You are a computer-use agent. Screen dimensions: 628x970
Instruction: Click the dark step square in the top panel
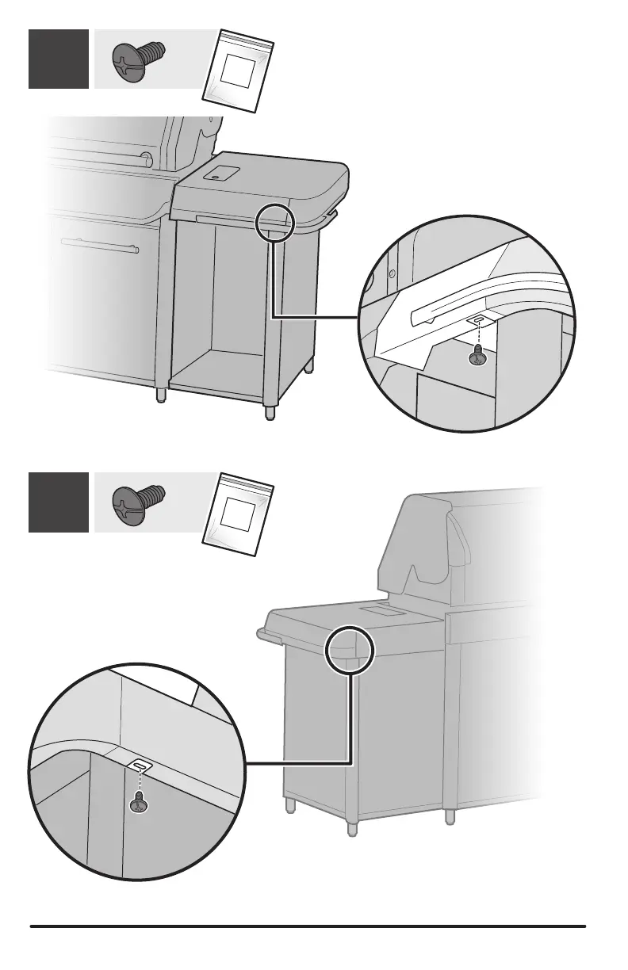pyautogui.click(x=59, y=59)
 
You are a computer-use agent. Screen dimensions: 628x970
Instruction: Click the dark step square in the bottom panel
pyautogui.click(x=59, y=502)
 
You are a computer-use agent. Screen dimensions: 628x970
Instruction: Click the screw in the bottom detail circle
pyautogui.click(x=139, y=805)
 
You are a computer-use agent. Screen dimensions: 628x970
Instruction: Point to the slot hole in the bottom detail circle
pyautogui.click(x=140, y=766)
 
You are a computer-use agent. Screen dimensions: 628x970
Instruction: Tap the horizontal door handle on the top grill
pyautogui.click(x=99, y=244)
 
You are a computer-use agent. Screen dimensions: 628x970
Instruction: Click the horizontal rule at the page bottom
pyautogui.click(x=308, y=925)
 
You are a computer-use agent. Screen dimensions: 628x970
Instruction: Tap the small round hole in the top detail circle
pyautogui.click(x=391, y=275)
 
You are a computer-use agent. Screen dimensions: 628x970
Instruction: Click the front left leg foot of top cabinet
pyautogui.click(x=163, y=395)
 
